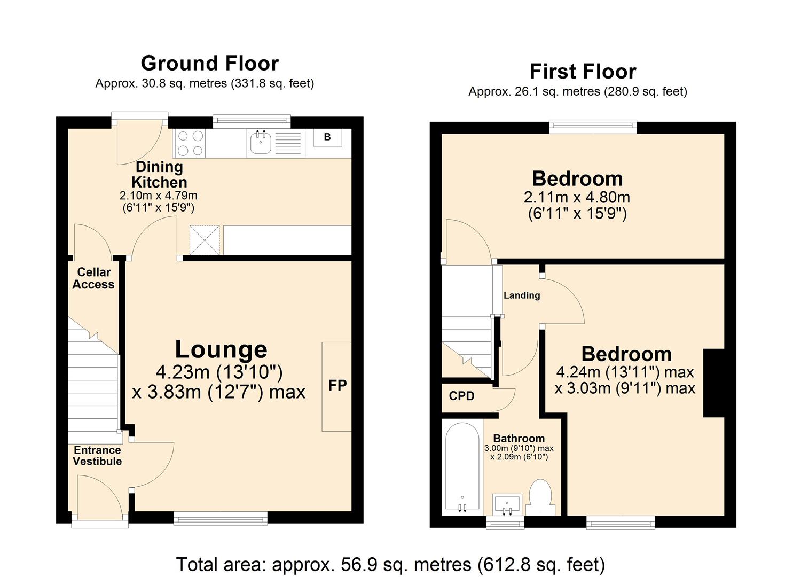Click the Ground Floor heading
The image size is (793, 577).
[x=209, y=63]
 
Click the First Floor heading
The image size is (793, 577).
[x=583, y=71]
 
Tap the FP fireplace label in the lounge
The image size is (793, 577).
[x=337, y=386]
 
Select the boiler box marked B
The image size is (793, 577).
[x=327, y=137]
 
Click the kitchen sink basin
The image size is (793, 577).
[x=261, y=143]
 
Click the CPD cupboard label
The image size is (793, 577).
[x=461, y=396]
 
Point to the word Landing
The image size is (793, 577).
[x=522, y=295]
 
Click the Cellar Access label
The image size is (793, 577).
[x=93, y=278]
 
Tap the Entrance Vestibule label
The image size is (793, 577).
[x=97, y=456]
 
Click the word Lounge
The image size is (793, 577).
[x=221, y=349]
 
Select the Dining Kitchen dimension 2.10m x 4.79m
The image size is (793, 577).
[x=159, y=196]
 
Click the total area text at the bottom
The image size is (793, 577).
[x=390, y=564]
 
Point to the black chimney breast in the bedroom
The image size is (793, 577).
[x=714, y=383]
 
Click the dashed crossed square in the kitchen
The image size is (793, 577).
[x=205, y=240]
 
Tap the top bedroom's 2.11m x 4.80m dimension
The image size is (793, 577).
[x=577, y=197]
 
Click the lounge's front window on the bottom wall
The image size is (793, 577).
[x=221, y=517]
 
